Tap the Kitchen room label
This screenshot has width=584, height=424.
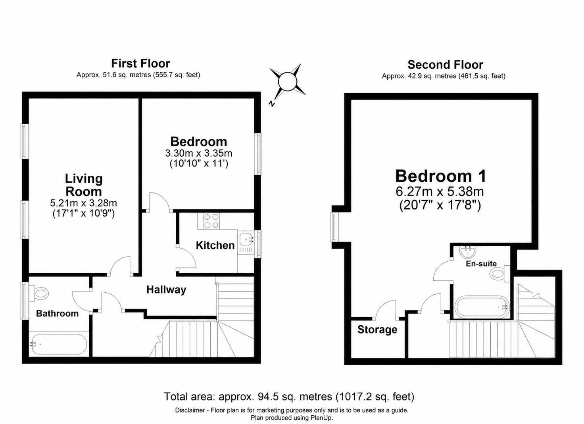[x=215, y=245]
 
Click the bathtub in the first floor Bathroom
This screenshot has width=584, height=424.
[x=58, y=344]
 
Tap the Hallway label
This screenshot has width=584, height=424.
[x=166, y=290]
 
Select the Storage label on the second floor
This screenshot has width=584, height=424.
[x=377, y=330]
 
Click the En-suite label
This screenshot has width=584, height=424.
[x=481, y=263]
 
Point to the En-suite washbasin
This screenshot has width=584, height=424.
[x=467, y=251]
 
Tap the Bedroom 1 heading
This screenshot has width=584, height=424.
[x=441, y=176]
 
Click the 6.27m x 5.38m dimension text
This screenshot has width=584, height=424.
[x=440, y=192]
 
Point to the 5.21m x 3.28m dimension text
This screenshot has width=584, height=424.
[x=83, y=203]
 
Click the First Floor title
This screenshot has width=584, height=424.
[x=140, y=63]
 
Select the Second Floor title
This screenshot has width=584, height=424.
[x=445, y=64]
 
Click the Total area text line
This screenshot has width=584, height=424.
[x=289, y=396]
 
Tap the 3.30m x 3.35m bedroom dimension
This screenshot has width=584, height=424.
[x=199, y=153]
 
